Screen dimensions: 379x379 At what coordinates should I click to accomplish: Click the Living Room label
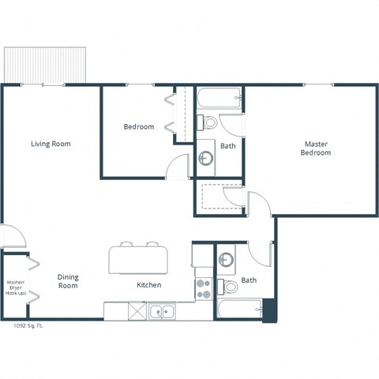51,144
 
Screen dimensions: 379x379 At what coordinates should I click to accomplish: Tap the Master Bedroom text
316,148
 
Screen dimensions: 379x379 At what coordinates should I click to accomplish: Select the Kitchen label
149,285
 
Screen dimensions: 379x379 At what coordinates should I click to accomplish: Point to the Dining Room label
68,281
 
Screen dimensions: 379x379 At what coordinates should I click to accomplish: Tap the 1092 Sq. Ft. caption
28,325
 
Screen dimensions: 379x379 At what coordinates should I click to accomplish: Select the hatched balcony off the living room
44,64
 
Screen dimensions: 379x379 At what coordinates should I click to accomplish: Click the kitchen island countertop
139,258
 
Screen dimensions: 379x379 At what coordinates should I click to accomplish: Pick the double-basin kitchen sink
163,311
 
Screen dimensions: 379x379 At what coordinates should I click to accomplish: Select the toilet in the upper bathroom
208,123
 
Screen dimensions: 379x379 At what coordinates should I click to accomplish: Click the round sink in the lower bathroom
226,260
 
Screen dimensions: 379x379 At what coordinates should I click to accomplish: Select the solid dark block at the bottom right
269,310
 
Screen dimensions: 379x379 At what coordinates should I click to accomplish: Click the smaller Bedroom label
139,127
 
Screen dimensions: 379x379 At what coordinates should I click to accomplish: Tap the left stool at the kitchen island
128,244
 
